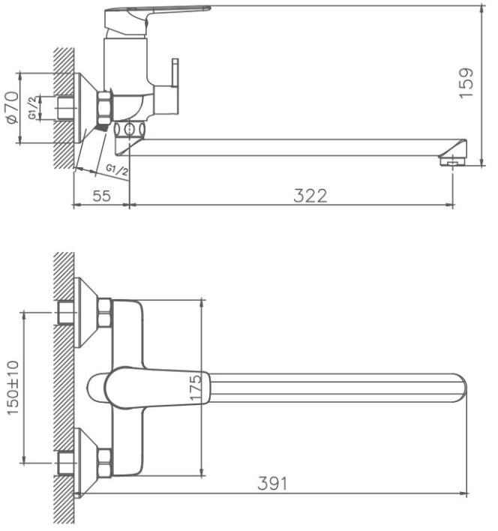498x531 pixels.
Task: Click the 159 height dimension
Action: point(466,84)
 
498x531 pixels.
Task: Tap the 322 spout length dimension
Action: point(310,196)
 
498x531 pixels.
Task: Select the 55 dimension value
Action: point(101,196)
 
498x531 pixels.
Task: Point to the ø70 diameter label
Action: point(13,107)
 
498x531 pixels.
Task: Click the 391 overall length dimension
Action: point(272,483)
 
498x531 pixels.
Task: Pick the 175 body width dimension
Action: point(195,388)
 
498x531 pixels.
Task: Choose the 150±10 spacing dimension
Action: point(13,388)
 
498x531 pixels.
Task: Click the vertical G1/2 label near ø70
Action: point(32,108)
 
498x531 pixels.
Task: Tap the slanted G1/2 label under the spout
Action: point(117,169)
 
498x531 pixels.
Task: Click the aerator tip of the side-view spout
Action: point(453,161)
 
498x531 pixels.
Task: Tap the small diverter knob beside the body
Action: point(175,73)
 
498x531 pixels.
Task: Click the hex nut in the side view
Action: point(104,108)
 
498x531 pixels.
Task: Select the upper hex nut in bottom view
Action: point(104,313)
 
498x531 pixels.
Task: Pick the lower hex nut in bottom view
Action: point(104,463)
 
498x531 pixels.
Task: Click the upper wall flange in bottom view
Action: point(85,313)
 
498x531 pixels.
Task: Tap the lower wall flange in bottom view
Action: point(85,463)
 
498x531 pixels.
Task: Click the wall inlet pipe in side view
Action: point(65,108)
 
